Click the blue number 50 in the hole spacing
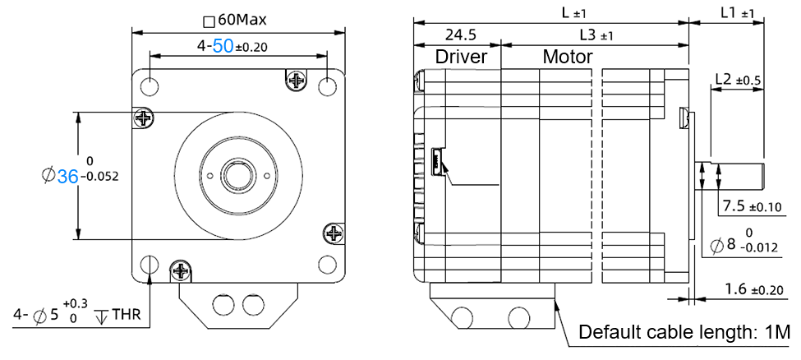[x=223, y=47]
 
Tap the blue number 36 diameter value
[x=67, y=174]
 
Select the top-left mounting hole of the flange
[x=150, y=85]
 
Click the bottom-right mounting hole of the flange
[x=327, y=264]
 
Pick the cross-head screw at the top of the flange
[x=295, y=79]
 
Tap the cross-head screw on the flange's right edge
[x=334, y=233]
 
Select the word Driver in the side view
[x=461, y=57]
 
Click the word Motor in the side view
[x=568, y=57]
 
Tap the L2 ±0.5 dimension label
[x=738, y=80]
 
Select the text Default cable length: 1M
[x=684, y=333]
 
